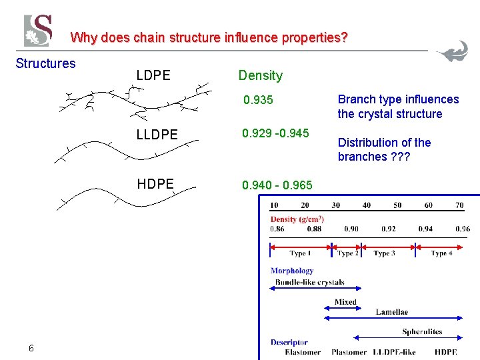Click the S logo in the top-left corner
tap(38, 31)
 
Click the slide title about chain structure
tap(209, 37)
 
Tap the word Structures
tap(45, 63)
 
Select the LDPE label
tap(153, 75)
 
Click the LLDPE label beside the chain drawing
tap(157, 135)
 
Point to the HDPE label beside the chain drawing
tap(155, 183)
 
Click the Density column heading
tap(261, 75)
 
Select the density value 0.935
tap(258, 101)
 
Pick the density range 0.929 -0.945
tap(276, 133)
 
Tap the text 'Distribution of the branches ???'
tap(384, 149)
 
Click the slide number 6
tap(31, 348)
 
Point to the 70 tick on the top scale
tap(459, 205)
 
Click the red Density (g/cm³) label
tap(297, 219)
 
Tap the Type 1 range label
tap(298, 253)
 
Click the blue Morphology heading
tap(292, 271)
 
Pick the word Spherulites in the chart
tap(422, 331)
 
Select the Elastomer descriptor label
tap(302, 352)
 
